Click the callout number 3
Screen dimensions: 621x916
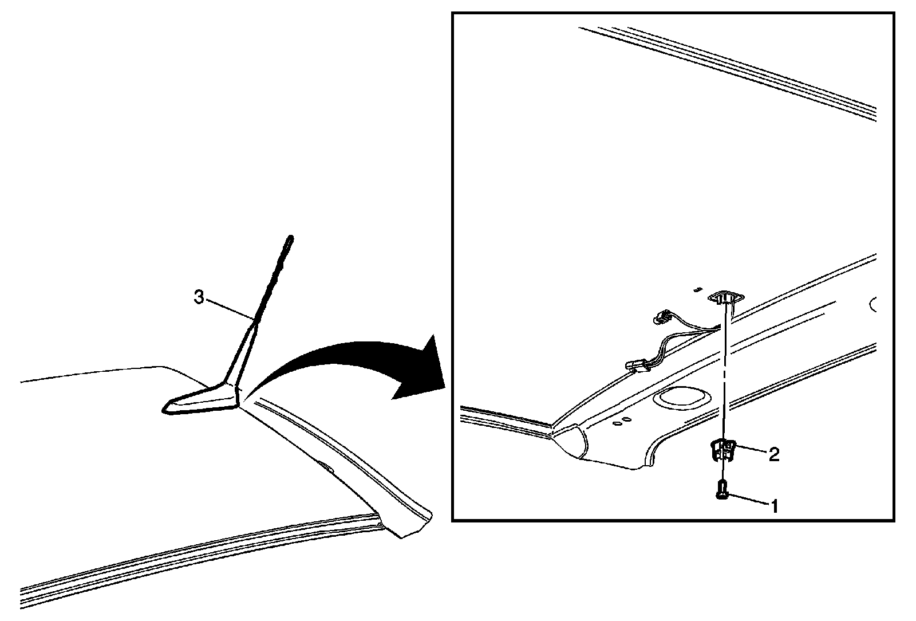click(x=199, y=298)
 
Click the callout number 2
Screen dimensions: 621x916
click(x=773, y=455)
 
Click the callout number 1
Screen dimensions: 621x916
click(x=774, y=505)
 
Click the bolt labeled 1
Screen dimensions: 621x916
click(x=721, y=490)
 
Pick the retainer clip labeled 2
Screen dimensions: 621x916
click(x=722, y=450)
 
